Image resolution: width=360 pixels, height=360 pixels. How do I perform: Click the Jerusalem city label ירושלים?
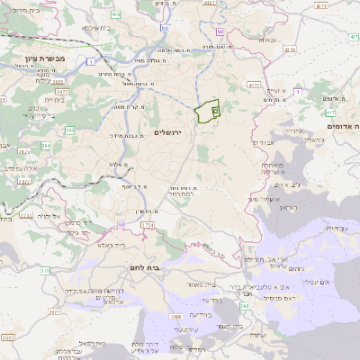[168, 133]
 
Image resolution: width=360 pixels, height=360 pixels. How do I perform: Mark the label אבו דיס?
[262, 142]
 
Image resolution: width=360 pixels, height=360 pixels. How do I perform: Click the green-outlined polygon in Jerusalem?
[208, 111]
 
